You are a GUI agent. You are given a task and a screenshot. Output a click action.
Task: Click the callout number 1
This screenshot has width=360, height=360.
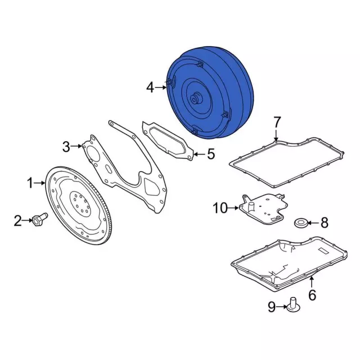click(30, 182)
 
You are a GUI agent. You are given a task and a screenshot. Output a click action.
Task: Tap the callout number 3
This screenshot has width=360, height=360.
click(66, 147)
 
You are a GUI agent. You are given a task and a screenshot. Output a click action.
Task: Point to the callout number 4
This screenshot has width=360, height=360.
click(150, 87)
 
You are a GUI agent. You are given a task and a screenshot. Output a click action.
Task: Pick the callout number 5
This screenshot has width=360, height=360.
click(210, 154)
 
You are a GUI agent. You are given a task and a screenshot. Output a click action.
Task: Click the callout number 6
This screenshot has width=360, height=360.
click(313, 295)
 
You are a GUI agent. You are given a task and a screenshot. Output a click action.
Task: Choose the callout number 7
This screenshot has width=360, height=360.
click(276, 122)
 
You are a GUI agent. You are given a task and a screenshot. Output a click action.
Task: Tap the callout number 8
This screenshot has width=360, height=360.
click(324, 223)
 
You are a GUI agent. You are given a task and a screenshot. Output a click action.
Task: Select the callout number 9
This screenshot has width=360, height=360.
click(272, 307)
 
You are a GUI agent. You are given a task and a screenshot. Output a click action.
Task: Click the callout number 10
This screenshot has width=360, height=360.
click(219, 209)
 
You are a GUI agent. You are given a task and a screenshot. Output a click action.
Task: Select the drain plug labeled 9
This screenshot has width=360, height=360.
click(293, 304)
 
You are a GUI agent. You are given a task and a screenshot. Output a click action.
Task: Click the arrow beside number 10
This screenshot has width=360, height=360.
click(233, 209)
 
